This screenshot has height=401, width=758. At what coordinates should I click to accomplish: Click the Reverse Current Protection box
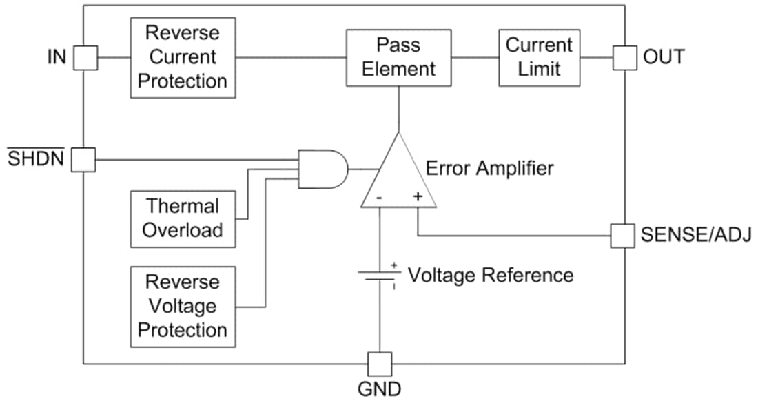tap(182, 57)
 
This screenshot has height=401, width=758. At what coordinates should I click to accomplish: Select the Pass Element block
tap(399, 57)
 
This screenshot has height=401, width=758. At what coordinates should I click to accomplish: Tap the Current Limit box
tap(539, 57)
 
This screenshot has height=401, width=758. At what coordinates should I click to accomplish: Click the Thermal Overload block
tap(182, 218)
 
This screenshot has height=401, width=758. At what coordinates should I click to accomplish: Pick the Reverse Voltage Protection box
tap(182, 307)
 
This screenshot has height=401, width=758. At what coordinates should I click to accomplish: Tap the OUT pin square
tap(624, 57)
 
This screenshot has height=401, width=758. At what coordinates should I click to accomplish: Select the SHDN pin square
tap(84, 161)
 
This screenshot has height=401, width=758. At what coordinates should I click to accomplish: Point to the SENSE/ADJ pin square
tap(624, 236)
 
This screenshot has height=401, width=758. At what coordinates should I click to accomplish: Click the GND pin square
tap(379, 364)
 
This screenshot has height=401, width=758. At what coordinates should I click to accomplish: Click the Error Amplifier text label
tap(489, 167)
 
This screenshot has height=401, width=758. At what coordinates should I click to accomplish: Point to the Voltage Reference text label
tap(490, 275)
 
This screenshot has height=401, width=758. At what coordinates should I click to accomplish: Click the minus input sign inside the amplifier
tap(380, 198)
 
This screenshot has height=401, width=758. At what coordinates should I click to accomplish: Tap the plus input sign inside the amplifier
tap(418, 197)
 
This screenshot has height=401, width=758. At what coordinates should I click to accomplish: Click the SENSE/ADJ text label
tap(696, 236)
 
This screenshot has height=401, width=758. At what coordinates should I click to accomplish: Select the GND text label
tap(379, 389)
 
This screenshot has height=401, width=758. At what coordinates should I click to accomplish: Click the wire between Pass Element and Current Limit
tap(475, 57)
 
